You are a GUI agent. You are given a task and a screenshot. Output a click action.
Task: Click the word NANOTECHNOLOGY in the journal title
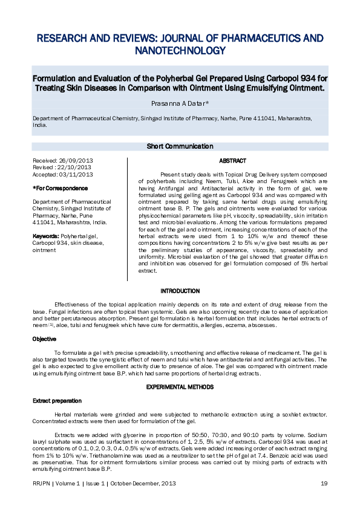(x=180, y=50)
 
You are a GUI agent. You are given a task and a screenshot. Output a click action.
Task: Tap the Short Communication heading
(x=180, y=146)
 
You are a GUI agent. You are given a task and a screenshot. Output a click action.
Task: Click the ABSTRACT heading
(x=232, y=161)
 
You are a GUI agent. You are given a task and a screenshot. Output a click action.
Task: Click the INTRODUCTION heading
(x=180, y=291)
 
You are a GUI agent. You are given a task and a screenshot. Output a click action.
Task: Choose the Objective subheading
(x=44, y=339)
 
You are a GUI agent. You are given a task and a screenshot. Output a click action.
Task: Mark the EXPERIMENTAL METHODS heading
(x=180, y=385)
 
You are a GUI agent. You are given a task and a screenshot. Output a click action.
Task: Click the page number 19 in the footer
(x=324, y=484)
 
